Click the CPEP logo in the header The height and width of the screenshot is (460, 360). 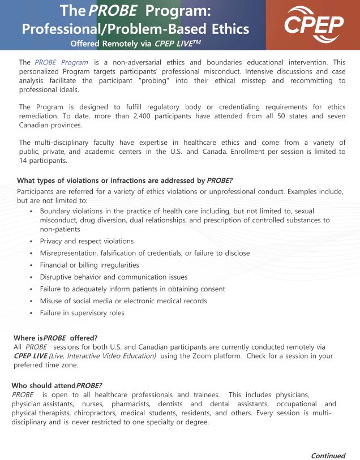coord(314,23)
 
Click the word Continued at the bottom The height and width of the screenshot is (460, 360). coord(328,455)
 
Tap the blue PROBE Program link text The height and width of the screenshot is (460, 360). coord(61,62)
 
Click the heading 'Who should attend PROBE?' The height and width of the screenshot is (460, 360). coord(57,385)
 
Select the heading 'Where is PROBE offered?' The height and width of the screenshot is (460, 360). coord(55,337)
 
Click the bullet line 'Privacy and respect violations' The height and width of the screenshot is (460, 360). coord(87,241)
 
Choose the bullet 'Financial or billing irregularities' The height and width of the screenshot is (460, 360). coord(89,265)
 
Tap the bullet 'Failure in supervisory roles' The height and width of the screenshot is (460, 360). coord(82,313)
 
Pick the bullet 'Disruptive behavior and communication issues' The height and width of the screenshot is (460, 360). coord(113,277)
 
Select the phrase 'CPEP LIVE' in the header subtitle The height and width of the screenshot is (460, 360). coord(176,43)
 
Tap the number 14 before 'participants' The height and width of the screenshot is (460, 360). coord(24,161)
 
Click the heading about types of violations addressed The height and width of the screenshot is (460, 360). coord(125,180)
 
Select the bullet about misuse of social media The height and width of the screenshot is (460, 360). coord(123,301)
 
